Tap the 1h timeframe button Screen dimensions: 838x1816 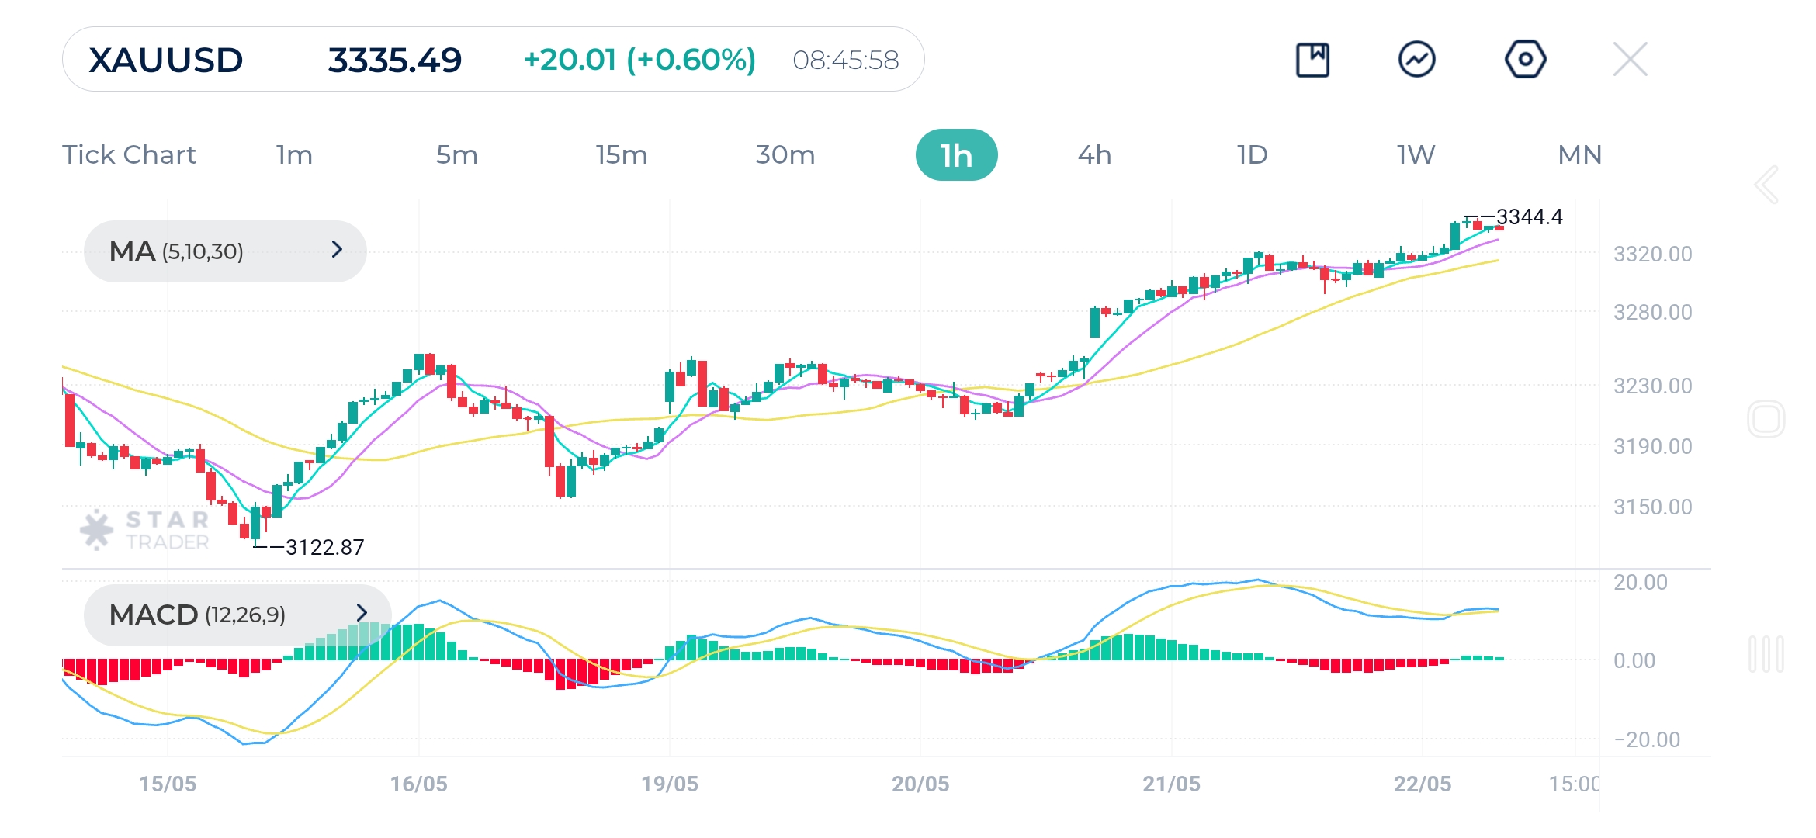(x=956, y=155)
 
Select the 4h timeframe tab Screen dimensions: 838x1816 (x=1094, y=155)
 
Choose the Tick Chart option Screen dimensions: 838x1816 (x=129, y=155)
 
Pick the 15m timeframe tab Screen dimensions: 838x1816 (x=621, y=155)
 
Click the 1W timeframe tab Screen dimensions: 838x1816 (x=1416, y=155)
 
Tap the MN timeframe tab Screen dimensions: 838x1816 (x=1579, y=155)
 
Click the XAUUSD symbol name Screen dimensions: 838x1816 (x=166, y=60)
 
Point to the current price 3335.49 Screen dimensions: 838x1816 (x=394, y=60)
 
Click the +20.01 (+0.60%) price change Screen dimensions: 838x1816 (x=639, y=60)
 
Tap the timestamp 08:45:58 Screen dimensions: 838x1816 (x=845, y=60)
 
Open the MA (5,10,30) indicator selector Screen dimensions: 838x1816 (x=225, y=251)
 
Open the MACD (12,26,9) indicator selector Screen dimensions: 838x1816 (x=237, y=615)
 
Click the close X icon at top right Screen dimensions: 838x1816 (x=1630, y=59)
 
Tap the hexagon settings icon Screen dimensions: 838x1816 (x=1525, y=59)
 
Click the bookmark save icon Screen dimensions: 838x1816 (x=1312, y=60)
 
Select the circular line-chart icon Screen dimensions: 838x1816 (x=1416, y=60)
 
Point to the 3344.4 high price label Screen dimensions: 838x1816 (x=1529, y=216)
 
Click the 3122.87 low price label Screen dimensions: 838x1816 (x=324, y=547)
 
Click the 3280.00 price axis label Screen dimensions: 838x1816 (x=1652, y=312)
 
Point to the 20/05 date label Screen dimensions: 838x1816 (x=920, y=784)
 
